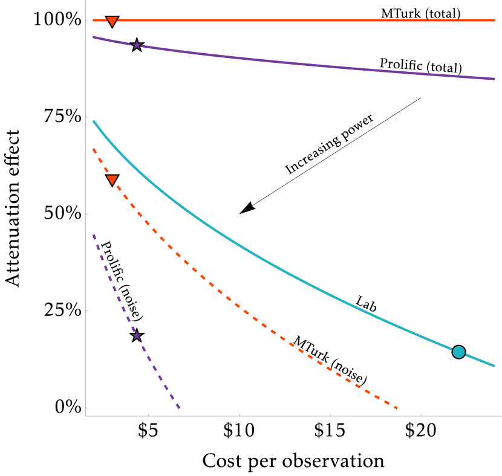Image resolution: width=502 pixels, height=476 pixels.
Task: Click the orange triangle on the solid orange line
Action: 112,21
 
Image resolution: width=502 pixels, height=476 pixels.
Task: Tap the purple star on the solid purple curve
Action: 137,45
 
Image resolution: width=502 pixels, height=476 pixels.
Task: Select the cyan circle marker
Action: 458,352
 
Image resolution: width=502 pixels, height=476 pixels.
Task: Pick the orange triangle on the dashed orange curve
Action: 112,179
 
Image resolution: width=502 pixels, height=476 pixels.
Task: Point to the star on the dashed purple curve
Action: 137,335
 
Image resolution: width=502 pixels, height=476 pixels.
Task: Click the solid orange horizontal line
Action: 272,20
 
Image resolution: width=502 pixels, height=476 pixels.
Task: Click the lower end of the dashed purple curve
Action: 180,408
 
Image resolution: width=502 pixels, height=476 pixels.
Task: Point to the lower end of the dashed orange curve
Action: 397,408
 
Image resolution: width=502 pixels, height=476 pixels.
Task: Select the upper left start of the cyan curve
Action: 94,121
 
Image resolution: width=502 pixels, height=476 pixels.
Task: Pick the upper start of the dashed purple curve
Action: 93,234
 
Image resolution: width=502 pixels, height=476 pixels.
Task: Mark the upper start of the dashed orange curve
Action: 93,149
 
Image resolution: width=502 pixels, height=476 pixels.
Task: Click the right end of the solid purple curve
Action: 494,79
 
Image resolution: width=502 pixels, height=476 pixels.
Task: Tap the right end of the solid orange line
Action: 494,20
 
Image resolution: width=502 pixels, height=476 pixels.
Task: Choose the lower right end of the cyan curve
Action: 494,365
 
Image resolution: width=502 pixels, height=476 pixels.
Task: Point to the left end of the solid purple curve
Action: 93,37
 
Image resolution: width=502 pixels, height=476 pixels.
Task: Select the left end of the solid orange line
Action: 93,20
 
